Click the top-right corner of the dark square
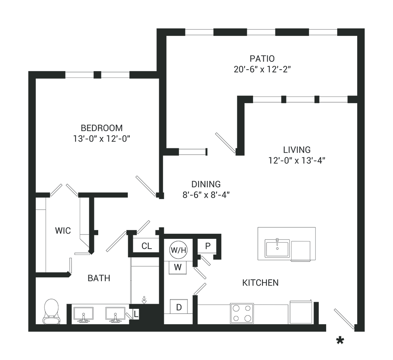click(x=364, y=29)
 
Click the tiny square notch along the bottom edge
click(x=136, y=315)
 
